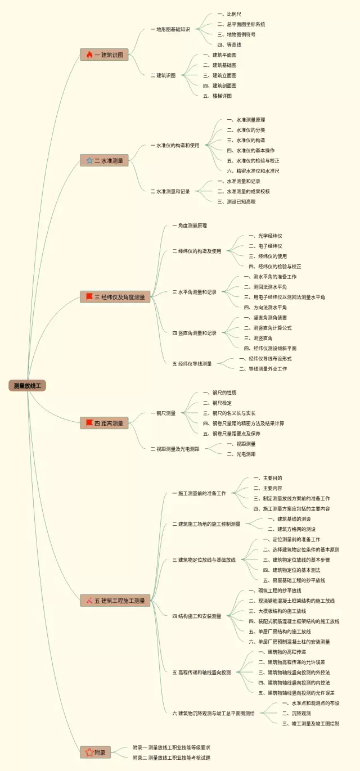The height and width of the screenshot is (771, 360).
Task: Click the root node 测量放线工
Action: point(27,385)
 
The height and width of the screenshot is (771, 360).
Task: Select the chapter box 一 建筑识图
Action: point(105,55)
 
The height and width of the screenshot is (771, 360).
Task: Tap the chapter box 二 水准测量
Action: point(105,160)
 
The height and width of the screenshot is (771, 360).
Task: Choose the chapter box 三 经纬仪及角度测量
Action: point(115,297)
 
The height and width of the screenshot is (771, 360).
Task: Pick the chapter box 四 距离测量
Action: point(105,423)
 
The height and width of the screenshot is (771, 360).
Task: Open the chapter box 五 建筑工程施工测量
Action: point(115,601)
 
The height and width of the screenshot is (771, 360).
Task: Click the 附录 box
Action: point(95,752)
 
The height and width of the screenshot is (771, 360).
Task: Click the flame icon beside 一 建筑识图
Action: point(89,55)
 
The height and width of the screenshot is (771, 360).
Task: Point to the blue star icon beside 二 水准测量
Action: point(89,160)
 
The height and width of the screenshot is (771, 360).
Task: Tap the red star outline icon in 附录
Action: point(89,752)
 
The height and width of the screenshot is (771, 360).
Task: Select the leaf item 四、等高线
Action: point(229,44)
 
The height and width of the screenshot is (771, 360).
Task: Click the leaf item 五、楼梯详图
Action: point(217,96)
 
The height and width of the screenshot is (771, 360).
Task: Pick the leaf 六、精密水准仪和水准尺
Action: point(253,170)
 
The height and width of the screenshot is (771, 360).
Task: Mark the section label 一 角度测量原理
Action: point(190,226)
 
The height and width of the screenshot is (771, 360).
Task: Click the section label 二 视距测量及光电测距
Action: point(174,449)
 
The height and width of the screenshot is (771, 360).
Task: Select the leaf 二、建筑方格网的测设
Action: point(291,529)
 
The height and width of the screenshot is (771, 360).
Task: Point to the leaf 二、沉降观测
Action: point(296,713)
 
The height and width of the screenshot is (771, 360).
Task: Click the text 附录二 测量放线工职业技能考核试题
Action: point(172,758)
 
